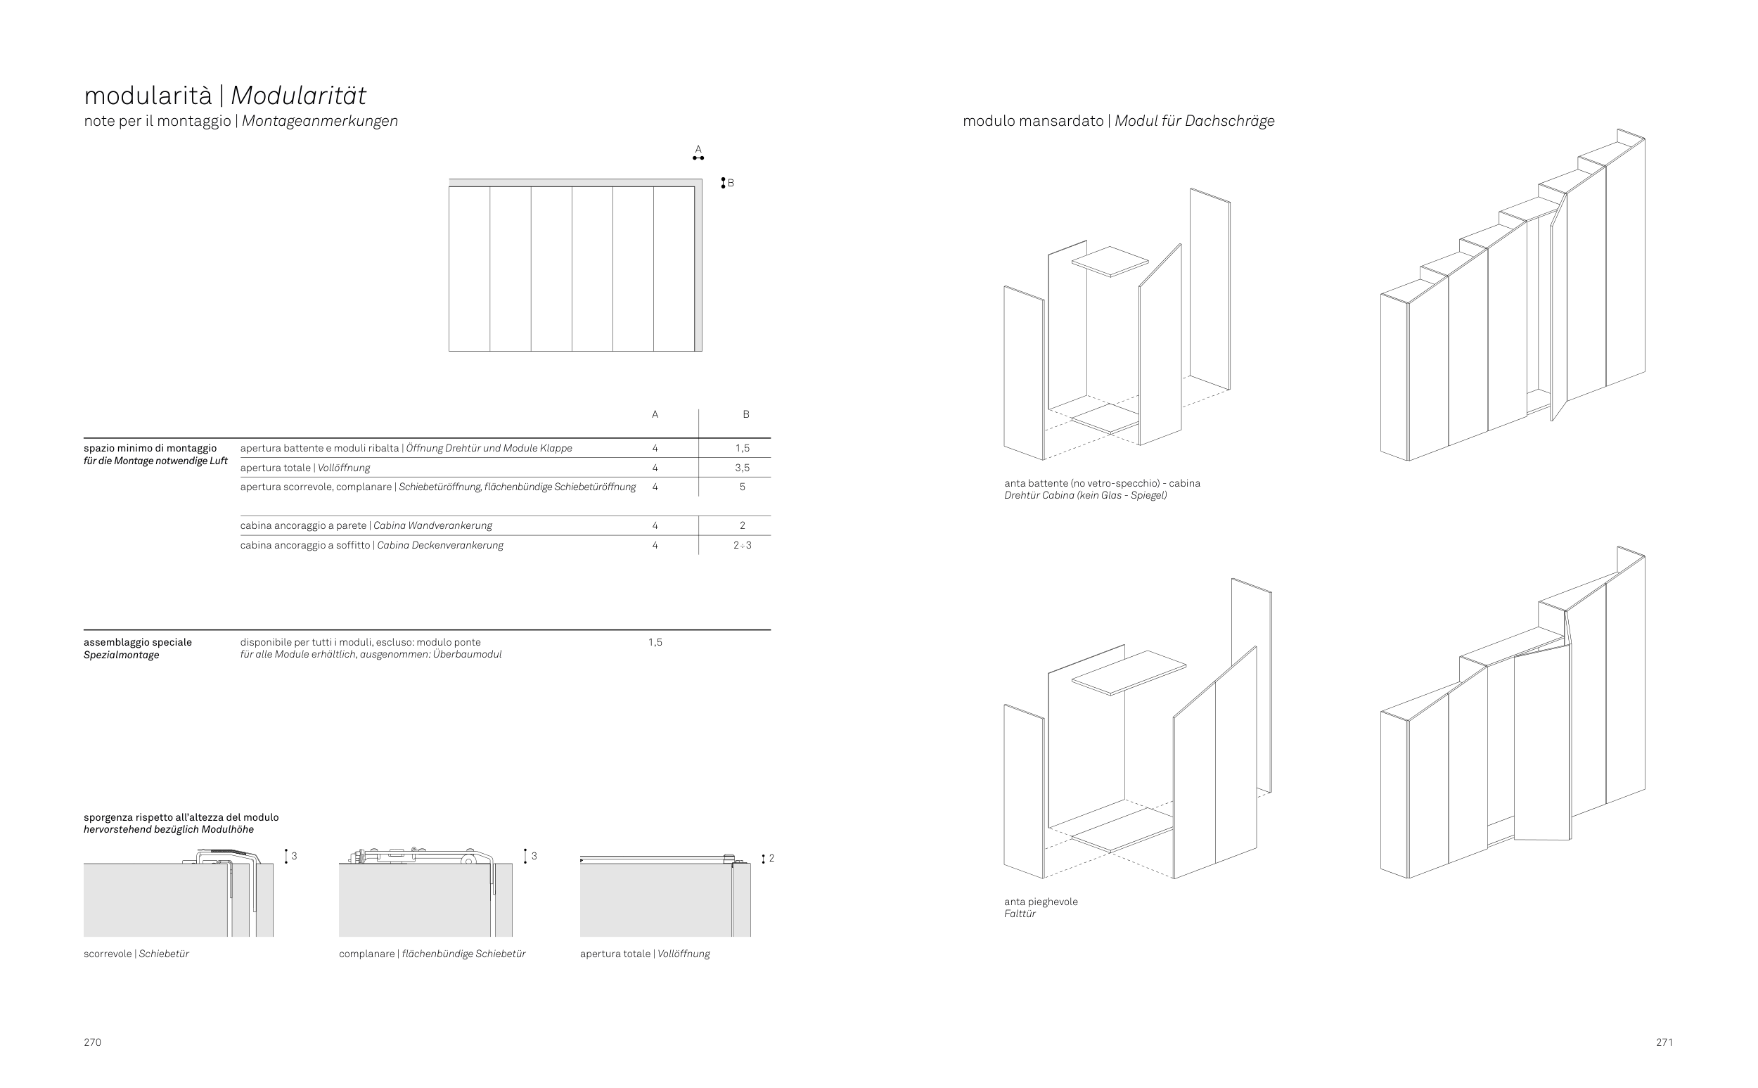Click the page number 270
[92, 1042]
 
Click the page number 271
[1664, 1042]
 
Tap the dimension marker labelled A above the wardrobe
[698, 153]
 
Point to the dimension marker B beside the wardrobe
[726, 183]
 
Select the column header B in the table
[746, 414]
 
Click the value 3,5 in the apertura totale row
[743, 468]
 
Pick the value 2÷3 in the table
[743, 546]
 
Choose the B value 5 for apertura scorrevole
[743, 487]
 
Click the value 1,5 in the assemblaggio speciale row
[655, 642]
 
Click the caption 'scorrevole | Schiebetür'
[136, 954]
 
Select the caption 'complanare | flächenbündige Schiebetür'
[432, 954]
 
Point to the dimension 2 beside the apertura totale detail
[771, 858]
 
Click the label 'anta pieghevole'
[1041, 902]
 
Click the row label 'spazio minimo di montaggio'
[150, 448]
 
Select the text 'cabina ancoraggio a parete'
[303, 525]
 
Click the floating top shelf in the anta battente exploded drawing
[1110, 260]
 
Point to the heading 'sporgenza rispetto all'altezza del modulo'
[181, 817]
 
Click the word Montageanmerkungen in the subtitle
[320, 121]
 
